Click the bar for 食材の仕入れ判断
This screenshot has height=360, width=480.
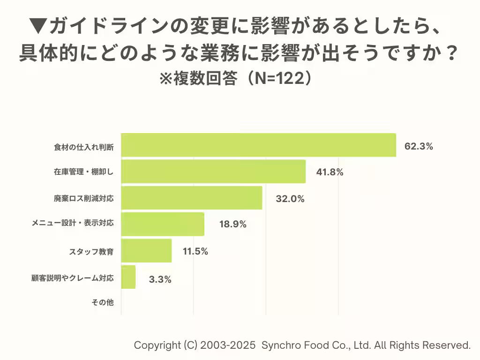point(258,145)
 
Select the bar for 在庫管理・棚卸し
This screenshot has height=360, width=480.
point(213,172)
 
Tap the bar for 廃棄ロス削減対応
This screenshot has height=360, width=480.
point(191,198)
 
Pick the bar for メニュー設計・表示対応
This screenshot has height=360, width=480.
point(163,224)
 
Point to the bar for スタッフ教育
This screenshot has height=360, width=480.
point(146,251)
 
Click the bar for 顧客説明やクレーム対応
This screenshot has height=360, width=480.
point(128,277)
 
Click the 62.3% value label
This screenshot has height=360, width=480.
point(419,146)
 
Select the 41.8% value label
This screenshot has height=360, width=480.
point(330,172)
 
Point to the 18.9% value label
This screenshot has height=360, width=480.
point(233,225)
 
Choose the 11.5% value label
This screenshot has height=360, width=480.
point(195,251)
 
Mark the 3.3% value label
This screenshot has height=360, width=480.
point(160,280)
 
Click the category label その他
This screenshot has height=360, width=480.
point(103,303)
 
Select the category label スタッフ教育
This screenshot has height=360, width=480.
point(91,252)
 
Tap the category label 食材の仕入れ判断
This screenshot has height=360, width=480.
point(84,147)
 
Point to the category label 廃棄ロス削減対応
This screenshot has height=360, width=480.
point(84,199)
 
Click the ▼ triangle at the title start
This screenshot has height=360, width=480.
point(37,26)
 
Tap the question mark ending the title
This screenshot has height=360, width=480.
point(451,53)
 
